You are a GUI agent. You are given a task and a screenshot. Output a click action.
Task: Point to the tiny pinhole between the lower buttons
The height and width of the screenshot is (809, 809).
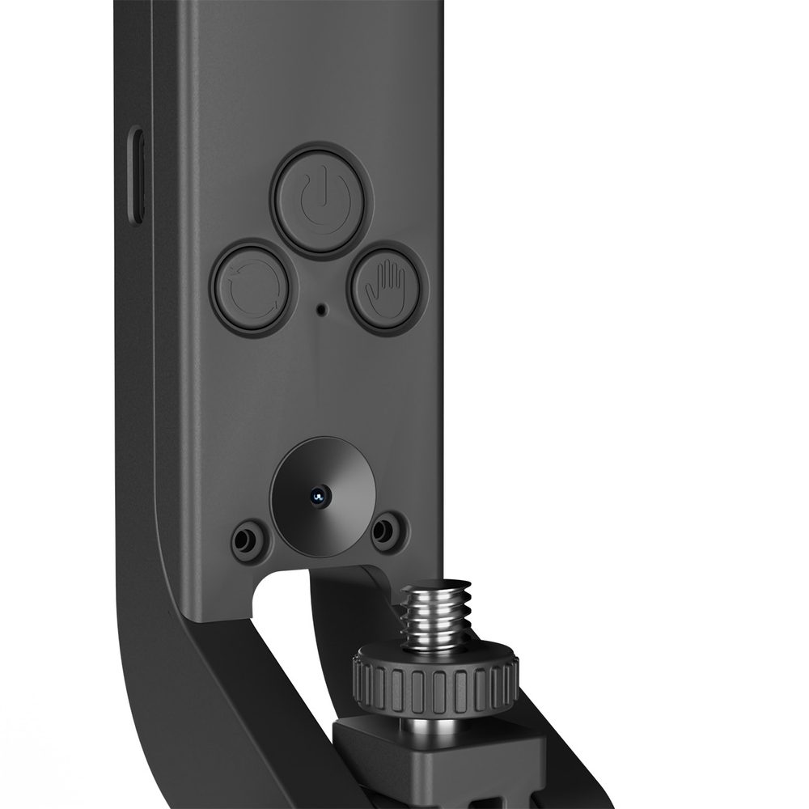click(x=322, y=308)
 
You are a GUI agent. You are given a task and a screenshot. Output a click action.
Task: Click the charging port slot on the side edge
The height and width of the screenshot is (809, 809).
click(x=138, y=176)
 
